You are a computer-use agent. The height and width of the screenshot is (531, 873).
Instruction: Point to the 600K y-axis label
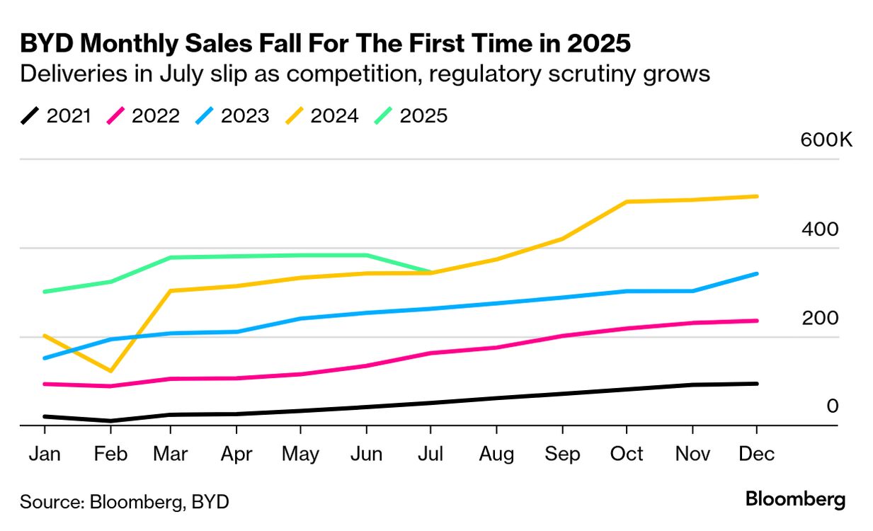826,139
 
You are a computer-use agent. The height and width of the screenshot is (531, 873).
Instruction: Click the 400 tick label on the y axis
820,229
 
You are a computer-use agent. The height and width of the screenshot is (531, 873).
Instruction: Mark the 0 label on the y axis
833,406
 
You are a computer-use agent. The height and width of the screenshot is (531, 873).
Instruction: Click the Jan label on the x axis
45,454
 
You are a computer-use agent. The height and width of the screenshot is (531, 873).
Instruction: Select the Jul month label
430,454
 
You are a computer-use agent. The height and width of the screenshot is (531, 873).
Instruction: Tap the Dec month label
757,454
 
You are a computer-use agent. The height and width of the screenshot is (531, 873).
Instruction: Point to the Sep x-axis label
562,454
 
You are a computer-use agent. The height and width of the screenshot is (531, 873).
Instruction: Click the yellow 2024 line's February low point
110,371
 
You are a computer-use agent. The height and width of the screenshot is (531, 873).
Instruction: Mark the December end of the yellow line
757,196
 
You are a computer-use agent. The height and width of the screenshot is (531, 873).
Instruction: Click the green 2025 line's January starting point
45,292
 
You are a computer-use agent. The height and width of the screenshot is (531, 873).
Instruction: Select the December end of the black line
757,384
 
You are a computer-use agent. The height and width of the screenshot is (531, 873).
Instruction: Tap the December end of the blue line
757,273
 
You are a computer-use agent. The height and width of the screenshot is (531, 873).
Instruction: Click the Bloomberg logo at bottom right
795,499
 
